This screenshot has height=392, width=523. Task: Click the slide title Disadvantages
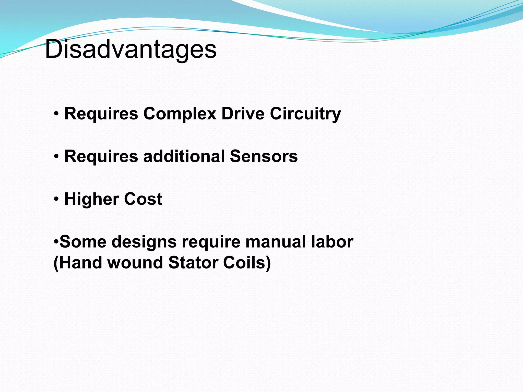[130, 49]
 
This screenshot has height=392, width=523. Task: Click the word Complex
[180, 114]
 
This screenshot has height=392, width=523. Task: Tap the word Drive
[243, 114]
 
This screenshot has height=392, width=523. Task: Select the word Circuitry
[305, 114]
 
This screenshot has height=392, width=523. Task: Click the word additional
[184, 156]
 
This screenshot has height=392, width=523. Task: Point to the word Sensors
[264, 156]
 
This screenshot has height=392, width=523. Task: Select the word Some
[83, 242]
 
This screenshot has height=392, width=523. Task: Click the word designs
[144, 242]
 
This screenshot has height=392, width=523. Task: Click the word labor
[332, 242]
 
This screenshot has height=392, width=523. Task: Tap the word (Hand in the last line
[78, 263]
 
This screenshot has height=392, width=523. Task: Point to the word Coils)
[247, 263]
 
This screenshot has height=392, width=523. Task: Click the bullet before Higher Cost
[56, 199]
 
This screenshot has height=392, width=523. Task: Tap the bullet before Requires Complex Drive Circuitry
[56, 114]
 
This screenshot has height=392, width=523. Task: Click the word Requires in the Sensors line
[101, 156]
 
